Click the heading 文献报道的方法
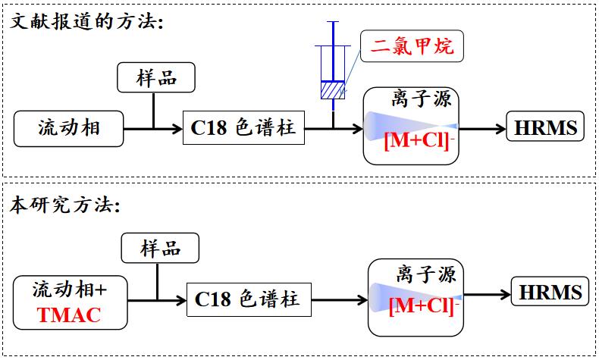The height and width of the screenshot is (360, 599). pos(86,20)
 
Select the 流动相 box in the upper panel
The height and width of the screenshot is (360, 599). pos(69,128)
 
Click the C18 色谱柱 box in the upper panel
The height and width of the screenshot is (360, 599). pos(243,128)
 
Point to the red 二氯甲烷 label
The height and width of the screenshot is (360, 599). pos(412,47)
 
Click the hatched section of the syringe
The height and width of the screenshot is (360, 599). pos(331,90)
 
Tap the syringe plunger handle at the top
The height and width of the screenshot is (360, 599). pos(332,23)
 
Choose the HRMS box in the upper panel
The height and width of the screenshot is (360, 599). pos(545,128)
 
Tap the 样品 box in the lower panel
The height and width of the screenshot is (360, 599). pos(161,249)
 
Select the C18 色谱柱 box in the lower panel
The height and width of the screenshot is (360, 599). pos(247,299)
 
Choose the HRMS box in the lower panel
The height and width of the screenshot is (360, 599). pos(550,293)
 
